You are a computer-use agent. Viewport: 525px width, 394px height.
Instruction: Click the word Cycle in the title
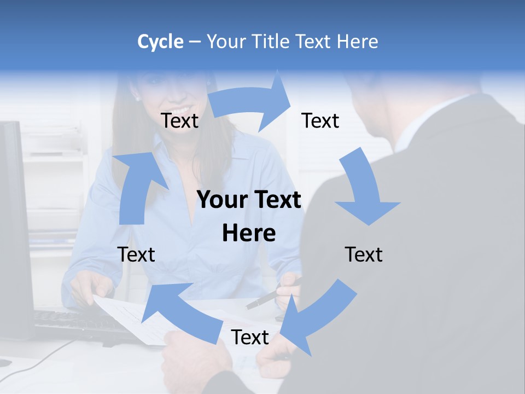[x=160, y=42]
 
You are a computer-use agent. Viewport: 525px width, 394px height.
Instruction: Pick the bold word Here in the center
[x=249, y=234]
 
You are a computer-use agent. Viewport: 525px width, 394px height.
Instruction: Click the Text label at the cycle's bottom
[x=249, y=338]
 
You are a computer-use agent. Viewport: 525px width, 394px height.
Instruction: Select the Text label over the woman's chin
[x=179, y=120]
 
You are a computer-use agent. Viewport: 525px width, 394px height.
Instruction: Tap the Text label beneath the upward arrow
[x=136, y=254]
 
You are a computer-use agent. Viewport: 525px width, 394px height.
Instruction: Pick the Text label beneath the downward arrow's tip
[x=364, y=254]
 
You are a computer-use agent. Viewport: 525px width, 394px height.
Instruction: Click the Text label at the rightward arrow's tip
[x=320, y=120]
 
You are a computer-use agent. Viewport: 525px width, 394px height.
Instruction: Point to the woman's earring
[x=137, y=99]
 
